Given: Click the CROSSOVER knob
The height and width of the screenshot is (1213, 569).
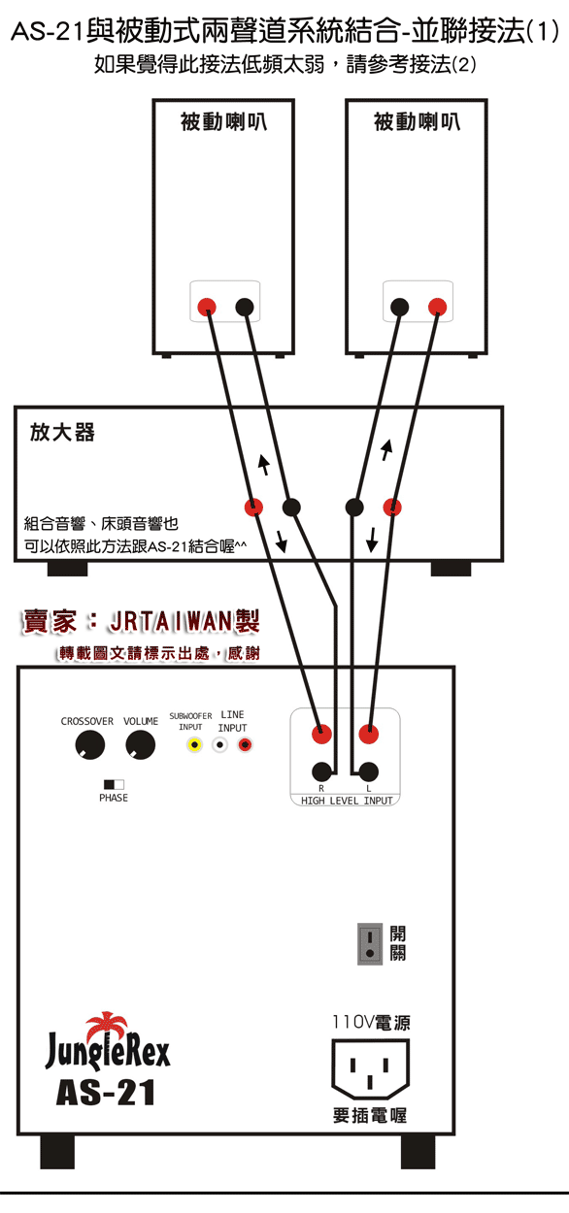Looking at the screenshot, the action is coord(90,744).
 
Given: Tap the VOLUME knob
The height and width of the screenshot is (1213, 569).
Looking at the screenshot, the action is coord(141,744).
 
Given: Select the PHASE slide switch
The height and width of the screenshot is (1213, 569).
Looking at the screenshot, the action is coord(114,784).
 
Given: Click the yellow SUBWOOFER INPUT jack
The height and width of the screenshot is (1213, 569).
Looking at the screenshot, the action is coord(194,745).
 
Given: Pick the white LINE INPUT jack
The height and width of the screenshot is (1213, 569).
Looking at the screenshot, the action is coord(219,745).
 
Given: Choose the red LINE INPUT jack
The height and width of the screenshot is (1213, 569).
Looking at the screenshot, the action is coord(245,745).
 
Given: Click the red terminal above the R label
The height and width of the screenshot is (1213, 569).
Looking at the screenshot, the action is coord(322,735).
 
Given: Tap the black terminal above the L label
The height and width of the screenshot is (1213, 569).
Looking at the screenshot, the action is coord(369,771).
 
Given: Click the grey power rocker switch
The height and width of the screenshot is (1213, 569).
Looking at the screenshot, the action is coord(370,944).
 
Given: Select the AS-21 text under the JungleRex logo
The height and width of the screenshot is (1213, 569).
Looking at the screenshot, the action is coord(106,1093).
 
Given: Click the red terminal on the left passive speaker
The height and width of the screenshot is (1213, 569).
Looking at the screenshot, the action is coord(207,307).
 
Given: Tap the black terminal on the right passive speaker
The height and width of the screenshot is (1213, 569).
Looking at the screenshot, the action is coord(400,307).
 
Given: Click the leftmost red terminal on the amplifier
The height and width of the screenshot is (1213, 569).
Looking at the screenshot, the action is coord(253,508).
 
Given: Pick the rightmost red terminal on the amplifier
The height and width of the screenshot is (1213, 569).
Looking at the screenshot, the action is coord(392,508).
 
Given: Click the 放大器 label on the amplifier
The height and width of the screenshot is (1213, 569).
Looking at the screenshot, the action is coord(62,432).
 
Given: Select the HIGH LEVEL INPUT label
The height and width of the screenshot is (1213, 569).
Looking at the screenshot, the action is coord(347,801).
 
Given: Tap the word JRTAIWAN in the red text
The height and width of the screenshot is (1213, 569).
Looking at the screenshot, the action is coord(171,622).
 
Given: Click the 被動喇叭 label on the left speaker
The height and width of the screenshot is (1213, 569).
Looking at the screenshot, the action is coord(223,121).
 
